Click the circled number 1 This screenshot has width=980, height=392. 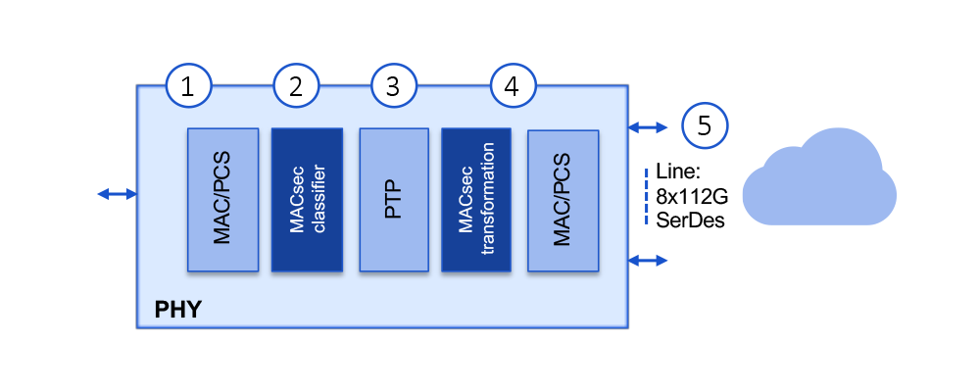point(190,87)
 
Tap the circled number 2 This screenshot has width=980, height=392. point(296,87)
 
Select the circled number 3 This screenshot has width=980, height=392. point(393,87)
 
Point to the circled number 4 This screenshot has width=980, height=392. point(511,87)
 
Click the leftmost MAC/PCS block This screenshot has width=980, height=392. point(222,199)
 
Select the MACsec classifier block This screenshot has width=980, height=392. point(307,199)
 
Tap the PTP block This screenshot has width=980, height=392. point(394,199)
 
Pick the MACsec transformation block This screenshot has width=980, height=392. point(476,199)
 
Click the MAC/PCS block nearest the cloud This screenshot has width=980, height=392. point(563,199)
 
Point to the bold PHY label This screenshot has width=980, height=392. point(178,312)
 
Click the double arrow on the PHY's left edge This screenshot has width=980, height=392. point(118,194)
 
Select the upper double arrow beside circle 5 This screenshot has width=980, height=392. point(648,126)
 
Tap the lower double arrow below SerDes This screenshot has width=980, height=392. point(648,260)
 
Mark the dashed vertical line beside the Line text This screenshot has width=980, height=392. point(646,197)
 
